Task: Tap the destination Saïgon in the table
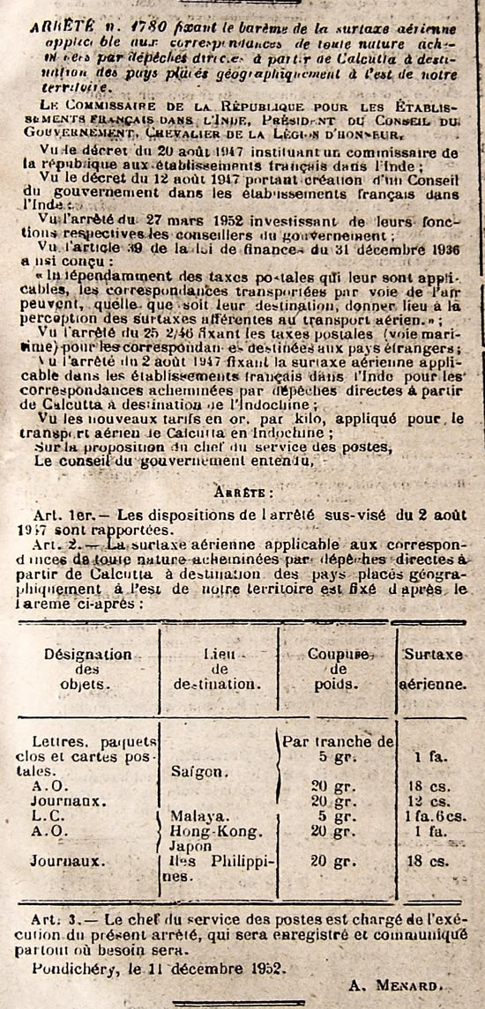[x=200, y=771]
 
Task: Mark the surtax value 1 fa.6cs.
[x=434, y=815]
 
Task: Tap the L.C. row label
[x=43, y=815]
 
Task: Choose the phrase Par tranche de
[x=338, y=741]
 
